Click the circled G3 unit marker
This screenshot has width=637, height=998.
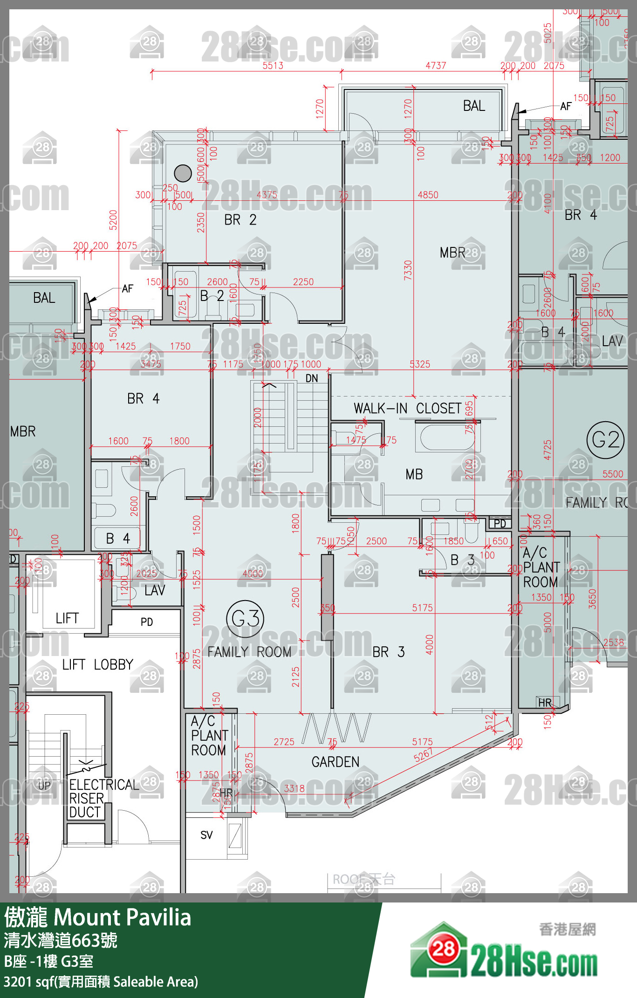click(x=245, y=619)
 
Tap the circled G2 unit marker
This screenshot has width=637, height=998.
click(x=605, y=440)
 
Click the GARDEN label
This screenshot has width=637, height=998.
click(x=336, y=762)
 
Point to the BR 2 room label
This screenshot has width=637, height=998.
click(x=240, y=220)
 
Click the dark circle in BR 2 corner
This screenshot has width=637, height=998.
click(x=183, y=173)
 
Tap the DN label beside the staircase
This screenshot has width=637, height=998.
click(x=312, y=378)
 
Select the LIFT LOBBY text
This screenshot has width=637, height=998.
click(x=98, y=664)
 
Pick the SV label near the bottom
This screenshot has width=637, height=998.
click(x=206, y=835)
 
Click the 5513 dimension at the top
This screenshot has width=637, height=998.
click(x=273, y=66)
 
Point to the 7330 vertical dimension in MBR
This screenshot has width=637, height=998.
click(x=408, y=270)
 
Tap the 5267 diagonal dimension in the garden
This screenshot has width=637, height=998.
click(x=423, y=754)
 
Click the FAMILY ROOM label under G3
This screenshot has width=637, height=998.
click(x=249, y=652)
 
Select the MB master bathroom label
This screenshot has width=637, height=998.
click(x=414, y=474)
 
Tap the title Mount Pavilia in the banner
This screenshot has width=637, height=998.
click(x=122, y=918)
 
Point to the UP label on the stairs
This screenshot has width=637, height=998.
click(x=44, y=786)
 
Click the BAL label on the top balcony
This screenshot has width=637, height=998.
click(x=474, y=106)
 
